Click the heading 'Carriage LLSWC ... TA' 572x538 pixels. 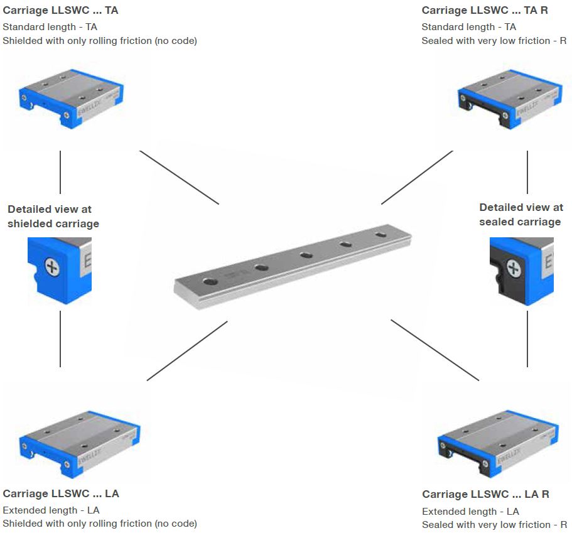point(60,10)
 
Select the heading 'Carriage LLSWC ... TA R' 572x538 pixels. point(485,10)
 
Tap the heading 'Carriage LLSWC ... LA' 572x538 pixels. point(61,493)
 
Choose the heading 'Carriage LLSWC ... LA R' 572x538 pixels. point(485,494)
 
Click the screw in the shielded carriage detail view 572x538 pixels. point(51,269)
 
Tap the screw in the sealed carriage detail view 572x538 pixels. point(514,269)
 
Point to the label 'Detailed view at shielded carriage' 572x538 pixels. point(53,216)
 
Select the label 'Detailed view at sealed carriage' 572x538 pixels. point(521,214)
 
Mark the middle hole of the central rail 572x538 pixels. point(306,256)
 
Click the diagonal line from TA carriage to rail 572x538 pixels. point(179,177)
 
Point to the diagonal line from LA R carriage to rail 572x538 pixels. point(434,350)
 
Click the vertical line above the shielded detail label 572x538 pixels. point(60,172)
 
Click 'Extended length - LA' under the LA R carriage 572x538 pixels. point(470,511)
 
